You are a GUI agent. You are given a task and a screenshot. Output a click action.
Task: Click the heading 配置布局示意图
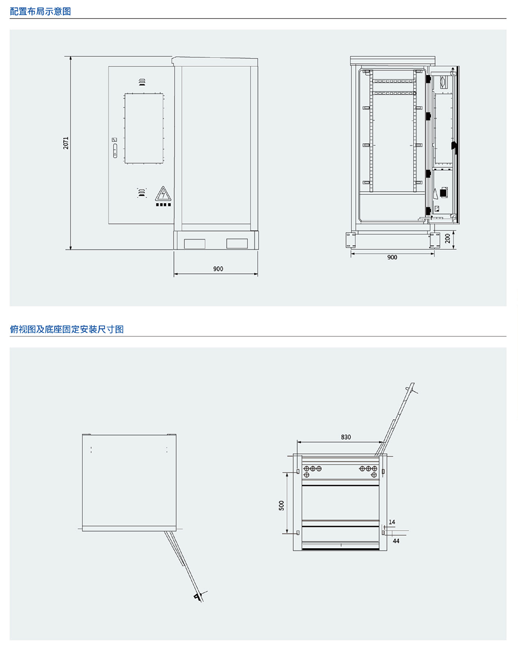coord(40,11)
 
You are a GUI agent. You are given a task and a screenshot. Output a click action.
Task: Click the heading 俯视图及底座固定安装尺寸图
coord(67,329)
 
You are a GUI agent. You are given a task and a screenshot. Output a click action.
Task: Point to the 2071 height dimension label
coord(66,143)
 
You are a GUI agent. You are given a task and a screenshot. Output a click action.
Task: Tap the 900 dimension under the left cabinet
coord(218,269)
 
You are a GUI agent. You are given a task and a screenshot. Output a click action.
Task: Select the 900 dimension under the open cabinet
coord(392,257)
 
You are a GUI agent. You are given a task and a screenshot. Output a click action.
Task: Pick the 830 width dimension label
coord(346,437)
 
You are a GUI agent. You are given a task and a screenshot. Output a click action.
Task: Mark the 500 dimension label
coord(282,505)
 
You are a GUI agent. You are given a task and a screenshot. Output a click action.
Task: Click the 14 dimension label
coord(392,522)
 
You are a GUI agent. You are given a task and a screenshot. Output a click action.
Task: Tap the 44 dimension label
coord(396,540)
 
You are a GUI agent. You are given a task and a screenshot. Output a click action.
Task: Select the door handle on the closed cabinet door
coord(115,151)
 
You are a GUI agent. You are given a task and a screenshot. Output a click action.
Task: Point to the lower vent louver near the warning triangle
coord(140,193)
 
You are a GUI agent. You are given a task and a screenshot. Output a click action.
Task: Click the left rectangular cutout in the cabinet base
coord(195,243)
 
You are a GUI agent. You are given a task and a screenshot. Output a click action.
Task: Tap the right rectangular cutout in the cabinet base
coord(237,243)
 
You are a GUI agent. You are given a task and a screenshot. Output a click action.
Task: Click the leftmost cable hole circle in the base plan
coord(306,468)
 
